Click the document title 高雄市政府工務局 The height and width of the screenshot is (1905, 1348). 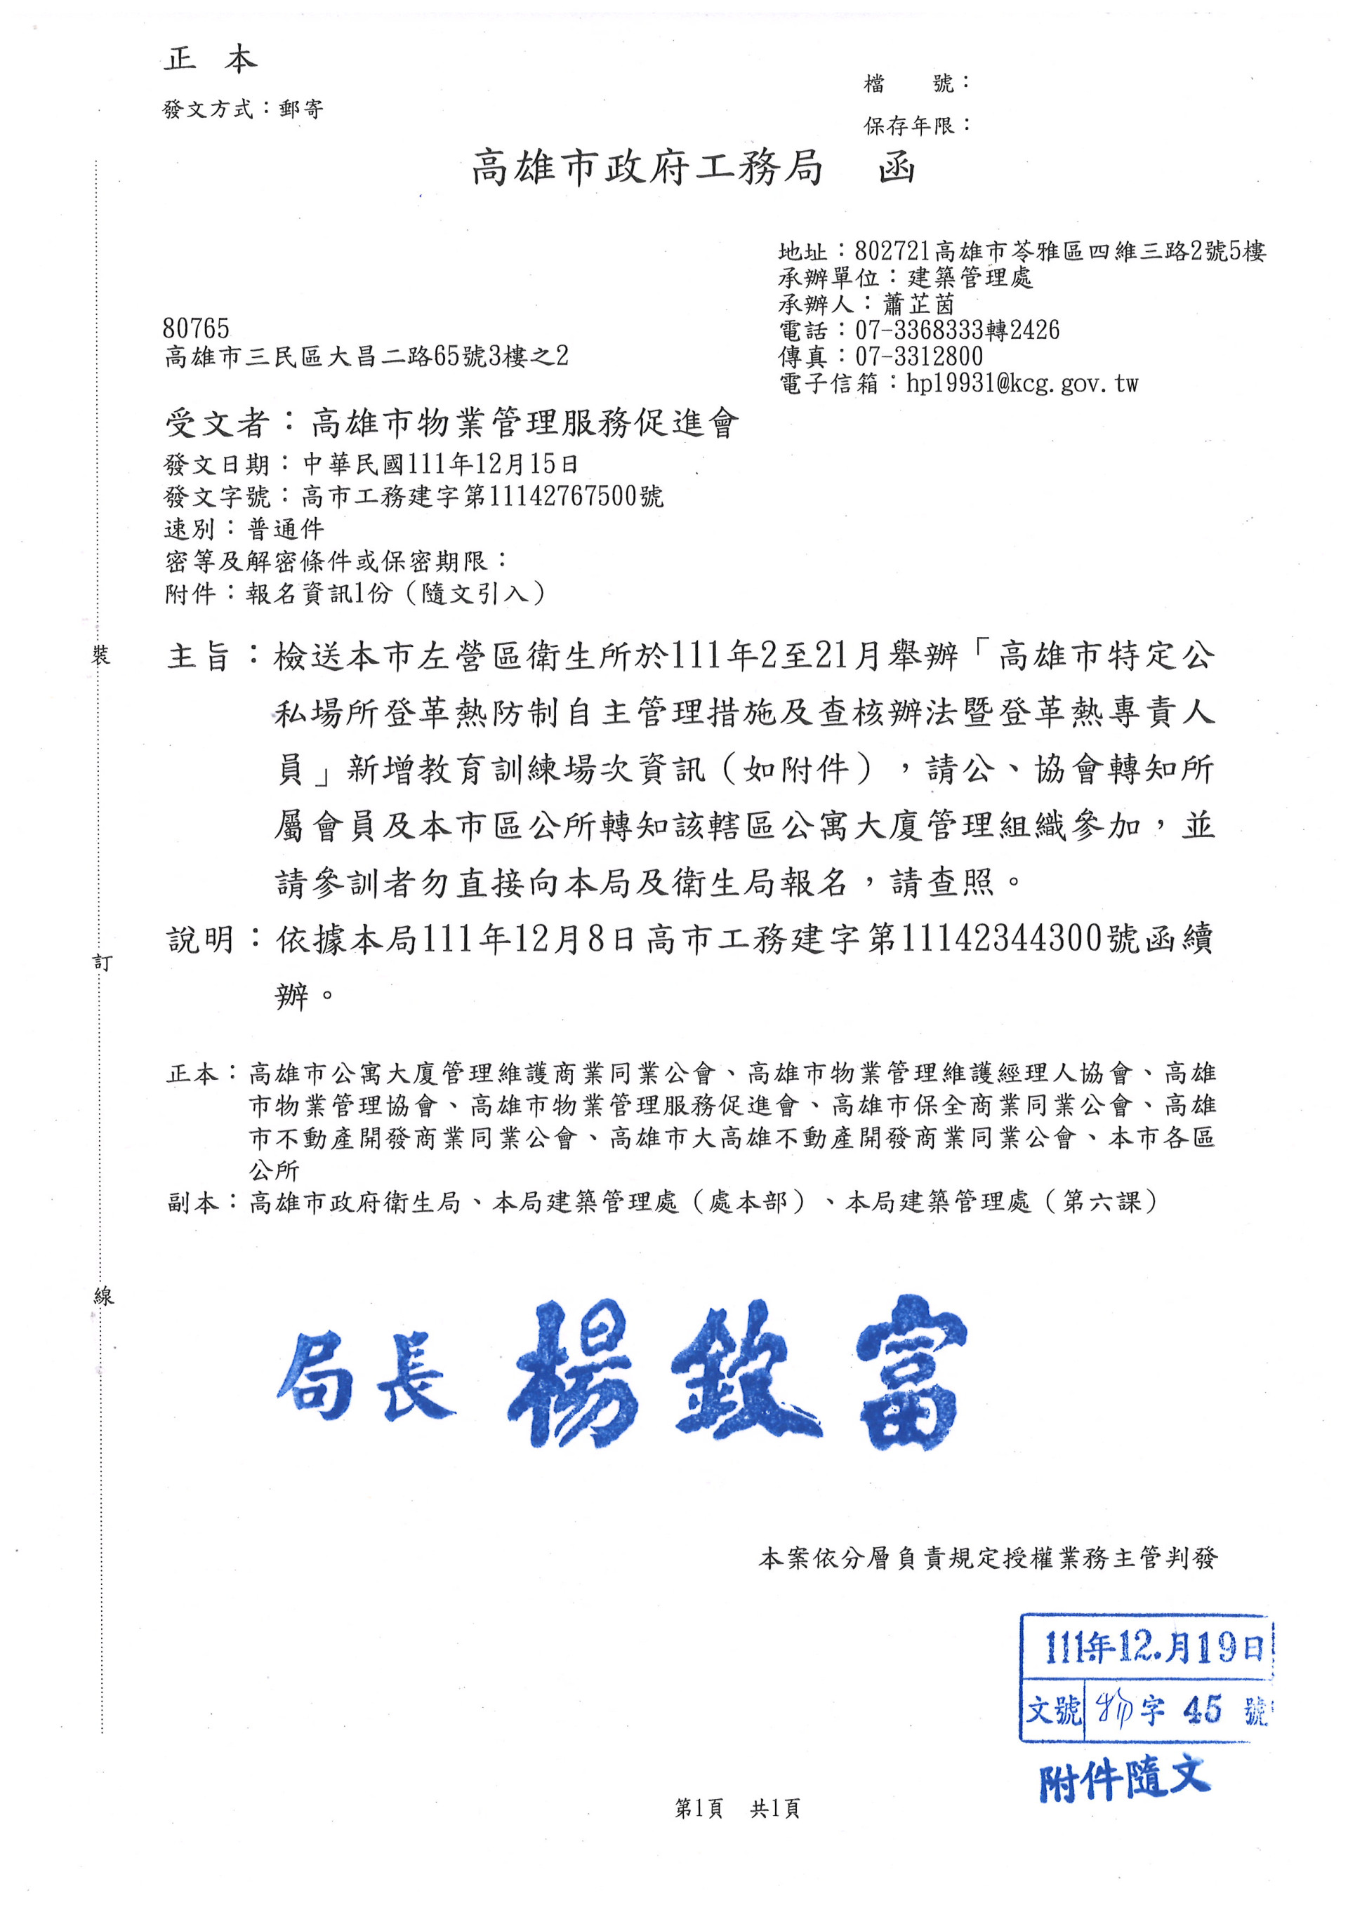647,168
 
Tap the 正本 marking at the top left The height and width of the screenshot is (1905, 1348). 210,60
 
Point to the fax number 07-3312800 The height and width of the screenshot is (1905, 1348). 919,356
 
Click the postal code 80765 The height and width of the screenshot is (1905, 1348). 196,328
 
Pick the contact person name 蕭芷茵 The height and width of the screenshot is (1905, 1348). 919,304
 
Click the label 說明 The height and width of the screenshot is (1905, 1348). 200,940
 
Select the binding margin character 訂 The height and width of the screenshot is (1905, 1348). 102,963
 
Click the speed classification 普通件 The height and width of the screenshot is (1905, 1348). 286,528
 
